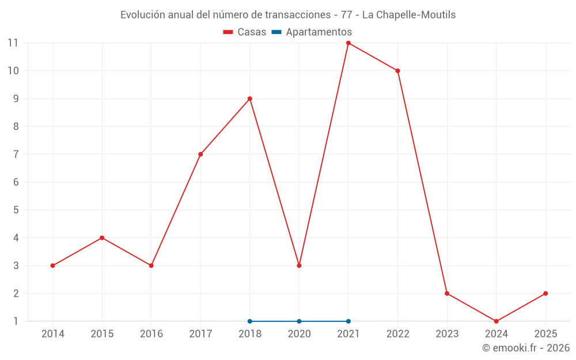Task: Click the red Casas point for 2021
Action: (x=348, y=43)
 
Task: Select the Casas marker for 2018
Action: (x=250, y=98)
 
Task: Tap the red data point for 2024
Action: (x=496, y=321)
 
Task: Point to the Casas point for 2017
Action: (x=200, y=154)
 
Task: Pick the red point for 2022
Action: (x=397, y=71)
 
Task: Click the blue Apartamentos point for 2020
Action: (x=299, y=321)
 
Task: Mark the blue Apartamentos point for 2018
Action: (x=250, y=321)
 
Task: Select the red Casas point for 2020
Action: (x=299, y=266)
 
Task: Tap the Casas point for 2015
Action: (x=102, y=238)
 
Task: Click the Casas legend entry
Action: (x=245, y=32)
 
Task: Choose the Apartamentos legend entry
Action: (x=312, y=32)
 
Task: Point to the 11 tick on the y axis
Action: (x=13, y=43)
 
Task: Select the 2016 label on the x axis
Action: (x=151, y=334)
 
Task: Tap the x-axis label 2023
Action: (x=447, y=334)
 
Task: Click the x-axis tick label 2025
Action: (x=545, y=334)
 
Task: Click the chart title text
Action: (x=288, y=15)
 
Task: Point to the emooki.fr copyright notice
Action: (x=525, y=348)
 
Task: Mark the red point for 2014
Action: (x=53, y=266)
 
